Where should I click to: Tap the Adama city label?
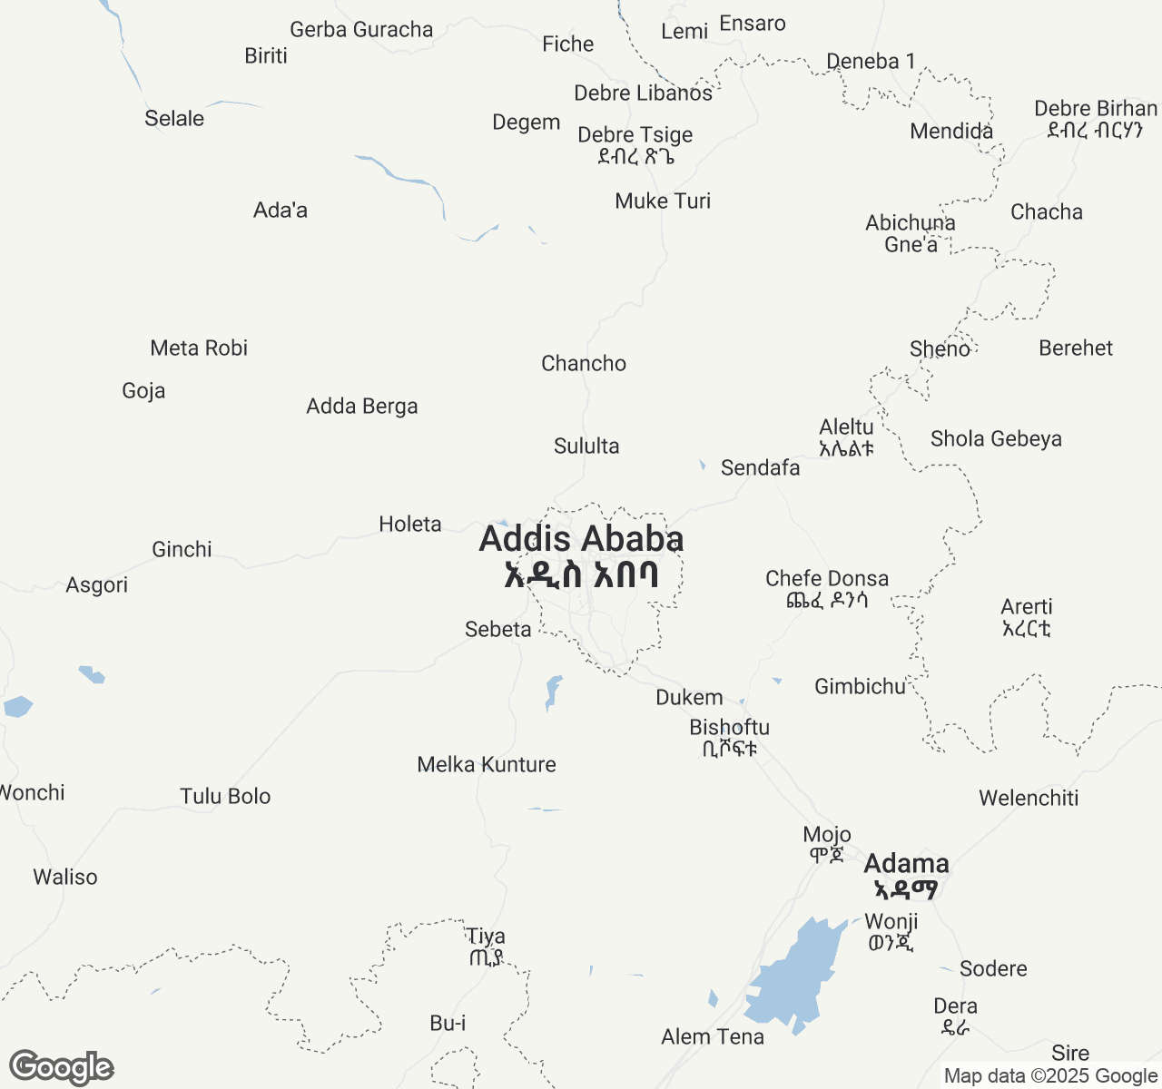click(x=906, y=875)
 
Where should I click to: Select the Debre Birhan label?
click(x=1096, y=118)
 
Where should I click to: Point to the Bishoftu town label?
click(x=729, y=737)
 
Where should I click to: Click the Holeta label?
click(x=410, y=524)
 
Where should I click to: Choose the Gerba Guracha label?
click(x=361, y=29)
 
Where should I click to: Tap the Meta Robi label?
click(x=199, y=348)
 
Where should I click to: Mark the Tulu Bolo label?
click(x=225, y=796)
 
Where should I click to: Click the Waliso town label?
click(x=65, y=877)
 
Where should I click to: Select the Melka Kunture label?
click(x=487, y=764)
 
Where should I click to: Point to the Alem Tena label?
click(x=713, y=1036)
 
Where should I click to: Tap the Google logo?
click(x=62, y=1067)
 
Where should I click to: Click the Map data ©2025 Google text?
click(x=1050, y=1076)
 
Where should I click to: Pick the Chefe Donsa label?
click(x=827, y=588)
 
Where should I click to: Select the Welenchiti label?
click(x=1029, y=798)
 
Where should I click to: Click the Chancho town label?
click(x=584, y=363)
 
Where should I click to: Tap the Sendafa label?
click(x=761, y=467)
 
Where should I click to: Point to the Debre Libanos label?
click(x=643, y=93)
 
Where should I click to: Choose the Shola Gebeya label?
click(x=996, y=438)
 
